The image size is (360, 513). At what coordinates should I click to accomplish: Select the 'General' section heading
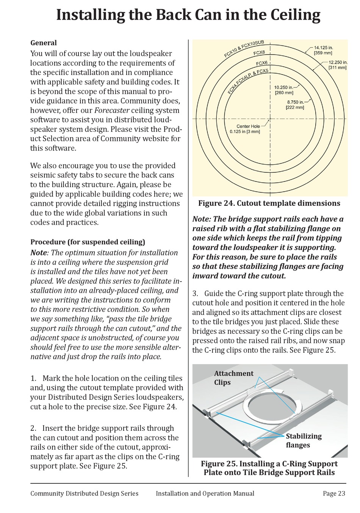click(x=44, y=43)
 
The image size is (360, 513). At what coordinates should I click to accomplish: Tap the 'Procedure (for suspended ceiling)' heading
click(x=88, y=242)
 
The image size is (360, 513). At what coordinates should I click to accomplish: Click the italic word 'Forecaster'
click(x=112, y=111)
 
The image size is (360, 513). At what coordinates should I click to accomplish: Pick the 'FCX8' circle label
click(x=259, y=53)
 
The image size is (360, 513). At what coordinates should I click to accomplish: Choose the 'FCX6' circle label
click(x=262, y=63)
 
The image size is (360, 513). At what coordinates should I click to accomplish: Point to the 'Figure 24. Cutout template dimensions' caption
click(x=269, y=203)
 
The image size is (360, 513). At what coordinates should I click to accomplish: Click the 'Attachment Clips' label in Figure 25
click(x=233, y=378)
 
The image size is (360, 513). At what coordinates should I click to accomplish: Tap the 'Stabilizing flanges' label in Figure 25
click(x=304, y=440)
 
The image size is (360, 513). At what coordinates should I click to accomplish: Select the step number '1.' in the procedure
click(x=34, y=378)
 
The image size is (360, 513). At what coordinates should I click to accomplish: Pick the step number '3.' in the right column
click(x=196, y=294)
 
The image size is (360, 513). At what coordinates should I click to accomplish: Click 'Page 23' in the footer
click(x=334, y=493)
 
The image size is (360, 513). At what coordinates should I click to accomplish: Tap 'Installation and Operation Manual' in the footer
click(x=205, y=493)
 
